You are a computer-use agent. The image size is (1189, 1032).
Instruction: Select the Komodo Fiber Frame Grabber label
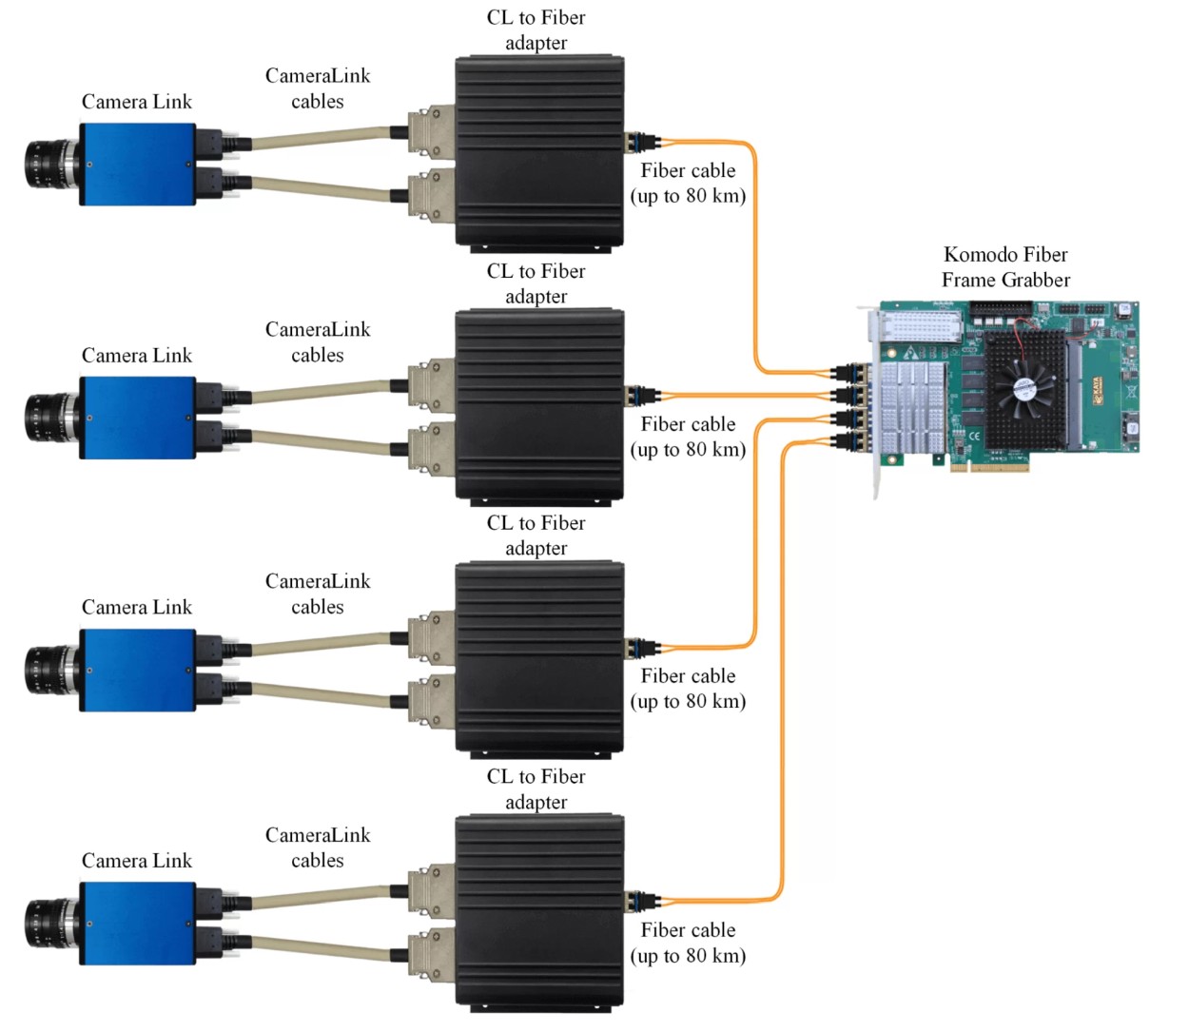tap(1005, 267)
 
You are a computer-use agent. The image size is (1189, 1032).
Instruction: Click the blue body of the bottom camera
tap(137, 923)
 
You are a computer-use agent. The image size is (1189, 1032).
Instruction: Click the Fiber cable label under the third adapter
tap(688, 689)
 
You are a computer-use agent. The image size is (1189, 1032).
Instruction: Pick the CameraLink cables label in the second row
tap(318, 342)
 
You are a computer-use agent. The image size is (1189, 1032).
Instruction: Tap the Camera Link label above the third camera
tap(137, 607)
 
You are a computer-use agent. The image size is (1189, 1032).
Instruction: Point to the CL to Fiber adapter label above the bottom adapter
tap(536, 789)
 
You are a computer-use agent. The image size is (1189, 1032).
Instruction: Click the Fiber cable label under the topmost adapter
tap(688, 184)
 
